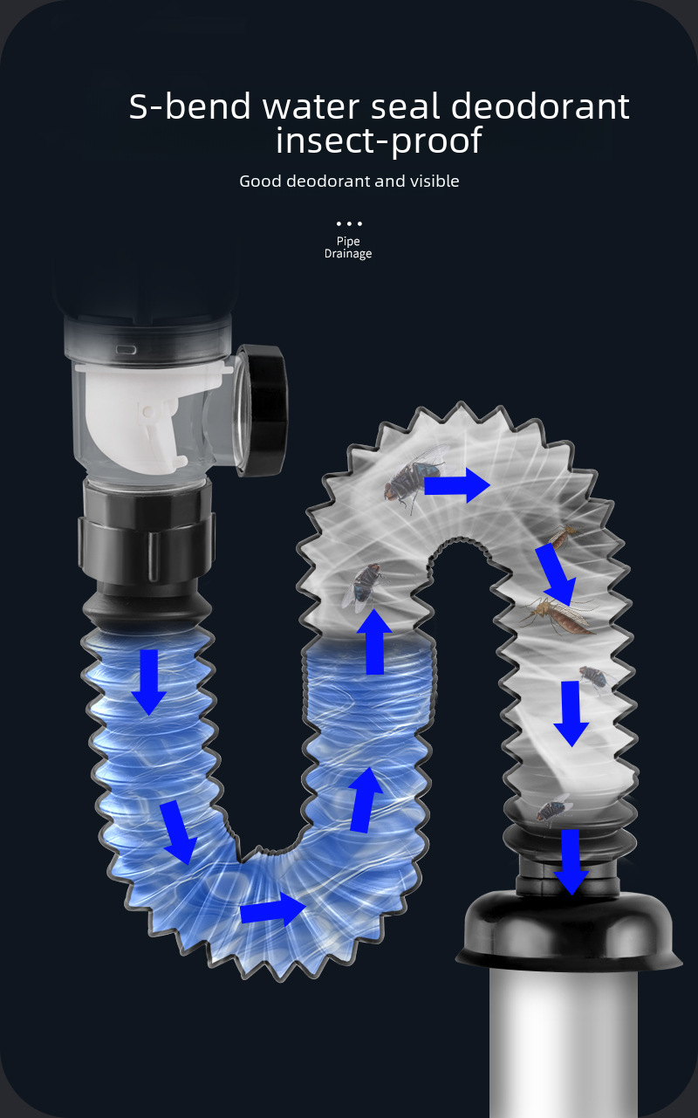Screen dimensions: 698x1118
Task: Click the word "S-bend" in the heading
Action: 189,106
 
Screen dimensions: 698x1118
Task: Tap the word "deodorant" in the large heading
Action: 540,106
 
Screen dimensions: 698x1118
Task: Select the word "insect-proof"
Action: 379,141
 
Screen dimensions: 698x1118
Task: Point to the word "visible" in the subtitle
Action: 435,181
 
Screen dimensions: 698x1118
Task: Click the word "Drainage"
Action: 348,254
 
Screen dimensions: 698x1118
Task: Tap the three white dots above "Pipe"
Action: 349,223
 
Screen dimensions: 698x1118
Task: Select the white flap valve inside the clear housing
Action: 150,415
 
